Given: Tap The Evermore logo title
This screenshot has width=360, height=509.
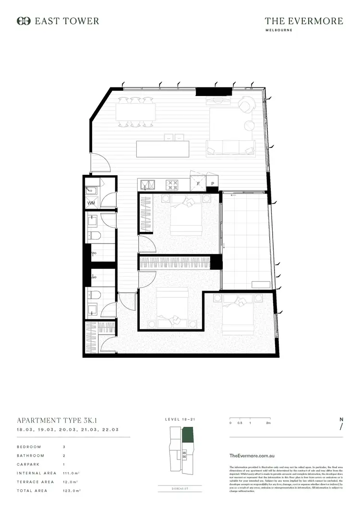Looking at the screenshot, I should coord(304,21).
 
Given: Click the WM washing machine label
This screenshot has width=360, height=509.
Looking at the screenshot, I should coord(91,203).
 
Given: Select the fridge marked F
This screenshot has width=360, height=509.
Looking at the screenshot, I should coord(198,183).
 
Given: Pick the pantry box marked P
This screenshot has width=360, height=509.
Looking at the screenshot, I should coord(212,183).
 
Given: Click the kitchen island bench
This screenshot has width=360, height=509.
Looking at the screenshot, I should coord(164,148).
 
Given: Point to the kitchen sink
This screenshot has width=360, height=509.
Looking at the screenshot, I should coord(147,184).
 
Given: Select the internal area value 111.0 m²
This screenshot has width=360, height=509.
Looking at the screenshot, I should coord(71,473).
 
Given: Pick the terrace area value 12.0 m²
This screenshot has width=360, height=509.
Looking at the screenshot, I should coord(70,482).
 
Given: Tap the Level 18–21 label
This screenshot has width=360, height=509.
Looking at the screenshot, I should coord(180,420).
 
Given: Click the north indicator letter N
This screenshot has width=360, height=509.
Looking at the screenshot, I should coord(341,419).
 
